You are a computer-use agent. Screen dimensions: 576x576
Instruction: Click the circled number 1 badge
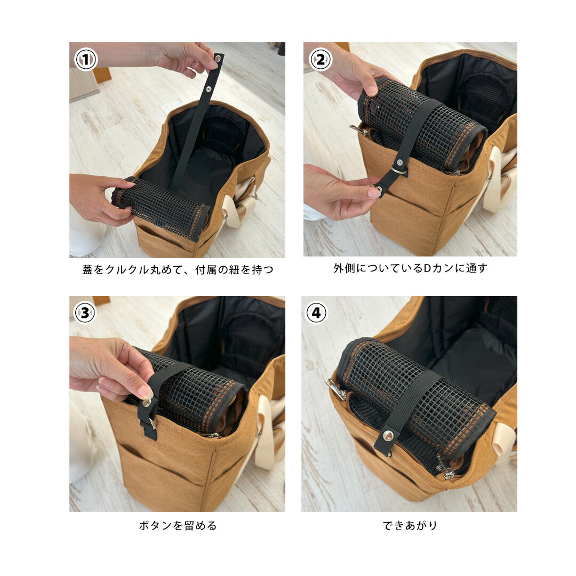[x=85, y=60]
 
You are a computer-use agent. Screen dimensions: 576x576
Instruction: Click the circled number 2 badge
[x=321, y=60]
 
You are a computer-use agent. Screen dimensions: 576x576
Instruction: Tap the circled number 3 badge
[x=85, y=313]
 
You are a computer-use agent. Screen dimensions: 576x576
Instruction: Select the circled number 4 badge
[x=316, y=313]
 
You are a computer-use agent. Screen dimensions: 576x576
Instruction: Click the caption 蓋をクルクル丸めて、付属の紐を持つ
[x=178, y=270]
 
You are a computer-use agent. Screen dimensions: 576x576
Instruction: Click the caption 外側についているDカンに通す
[x=410, y=268]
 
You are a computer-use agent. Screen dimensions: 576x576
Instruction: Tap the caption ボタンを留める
[x=178, y=526]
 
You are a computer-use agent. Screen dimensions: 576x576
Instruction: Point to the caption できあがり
[x=410, y=526]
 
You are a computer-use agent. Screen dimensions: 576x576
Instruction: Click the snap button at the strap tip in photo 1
[x=218, y=58]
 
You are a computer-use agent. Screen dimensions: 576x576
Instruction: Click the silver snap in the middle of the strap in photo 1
[x=209, y=89]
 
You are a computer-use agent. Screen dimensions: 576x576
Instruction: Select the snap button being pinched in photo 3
[x=147, y=403]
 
